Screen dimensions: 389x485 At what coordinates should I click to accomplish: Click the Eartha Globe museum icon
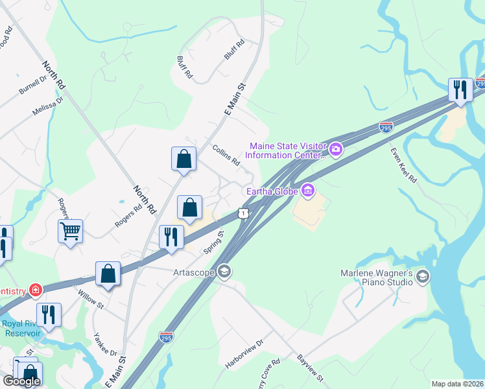tap(309, 191)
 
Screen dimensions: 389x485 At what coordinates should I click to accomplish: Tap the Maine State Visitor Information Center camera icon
tap(336, 150)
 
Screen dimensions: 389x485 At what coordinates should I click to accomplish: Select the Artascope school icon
tap(225, 272)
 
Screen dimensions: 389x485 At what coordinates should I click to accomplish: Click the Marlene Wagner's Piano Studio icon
tap(423, 277)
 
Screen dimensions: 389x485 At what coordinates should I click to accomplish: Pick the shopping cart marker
tap(70, 230)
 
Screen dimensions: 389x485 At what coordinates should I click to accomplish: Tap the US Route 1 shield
tap(243, 213)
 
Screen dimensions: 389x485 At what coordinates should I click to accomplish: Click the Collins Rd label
tap(226, 156)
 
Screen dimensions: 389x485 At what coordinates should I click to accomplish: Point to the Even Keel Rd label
tap(403, 165)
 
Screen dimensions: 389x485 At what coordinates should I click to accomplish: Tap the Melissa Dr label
tap(48, 107)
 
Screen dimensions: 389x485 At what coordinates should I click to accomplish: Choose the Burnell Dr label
tap(33, 85)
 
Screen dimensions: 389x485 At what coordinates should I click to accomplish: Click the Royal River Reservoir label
tap(21, 328)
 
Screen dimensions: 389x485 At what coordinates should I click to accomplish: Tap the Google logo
tap(21, 381)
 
